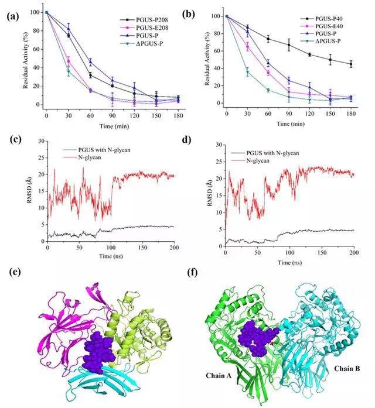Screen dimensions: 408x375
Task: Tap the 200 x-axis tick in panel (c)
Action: click(x=174, y=249)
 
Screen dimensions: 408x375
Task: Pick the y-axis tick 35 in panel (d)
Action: click(x=217, y=144)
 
